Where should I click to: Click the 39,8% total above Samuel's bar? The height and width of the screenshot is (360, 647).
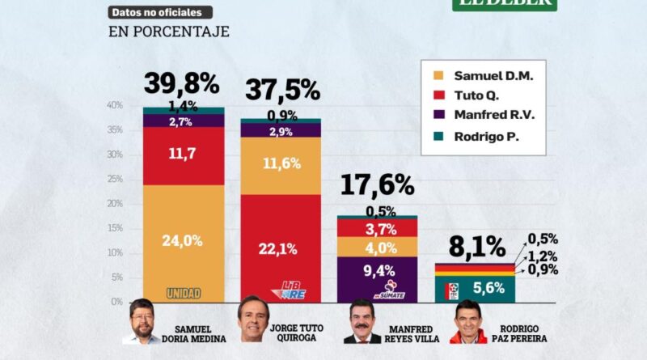(x=182, y=84)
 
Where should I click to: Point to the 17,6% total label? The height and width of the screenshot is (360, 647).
(x=377, y=186)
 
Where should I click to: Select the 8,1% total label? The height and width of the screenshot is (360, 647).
(x=478, y=246)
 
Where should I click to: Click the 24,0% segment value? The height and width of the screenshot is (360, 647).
(x=184, y=240)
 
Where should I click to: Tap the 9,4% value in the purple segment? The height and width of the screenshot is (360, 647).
(x=378, y=271)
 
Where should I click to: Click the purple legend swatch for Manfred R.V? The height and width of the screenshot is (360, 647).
(x=439, y=116)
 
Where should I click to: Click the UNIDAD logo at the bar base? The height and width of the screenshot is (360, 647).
(x=184, y=293)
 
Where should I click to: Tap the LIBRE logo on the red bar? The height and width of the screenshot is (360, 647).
(x=294, y=290)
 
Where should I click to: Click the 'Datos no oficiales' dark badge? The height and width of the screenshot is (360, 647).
(x=161, y=12)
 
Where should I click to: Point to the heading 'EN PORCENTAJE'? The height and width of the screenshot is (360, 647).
(x=169, y=32)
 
